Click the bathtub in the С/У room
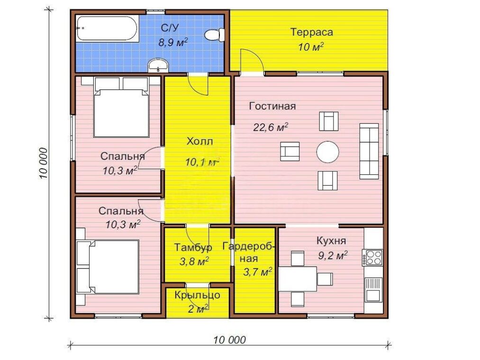[x=107, y=28]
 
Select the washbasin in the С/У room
[x=158, y=65]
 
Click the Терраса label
[x=312, y=32]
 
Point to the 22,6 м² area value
[x=271, y=127]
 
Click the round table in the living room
[x=327, y=152]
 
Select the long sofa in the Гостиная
[x=369, y=151]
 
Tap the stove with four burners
[x=372, y=258]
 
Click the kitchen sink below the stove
[x=373, y=289]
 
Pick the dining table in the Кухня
[x=298, y=279]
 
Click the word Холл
[x=199, y=142]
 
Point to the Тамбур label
[x=193, y=247]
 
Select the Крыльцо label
[x=198, y=296]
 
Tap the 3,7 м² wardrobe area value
[x=257, y=271]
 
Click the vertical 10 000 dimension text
[x=44, y=163]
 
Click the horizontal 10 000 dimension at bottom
[x=230, y=340]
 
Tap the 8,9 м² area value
[x=172, y=42]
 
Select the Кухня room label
[x=331, y=241]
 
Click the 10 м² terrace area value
[x=311, y=47]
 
